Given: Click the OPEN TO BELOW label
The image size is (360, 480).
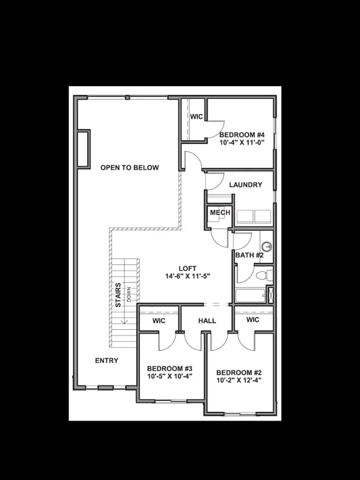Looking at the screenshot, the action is coord(129,168).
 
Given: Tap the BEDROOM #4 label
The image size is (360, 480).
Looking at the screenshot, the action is coord(242,134).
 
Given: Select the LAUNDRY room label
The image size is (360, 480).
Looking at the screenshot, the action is coord(245,185).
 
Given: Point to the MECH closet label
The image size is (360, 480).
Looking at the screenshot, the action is coord(220,213).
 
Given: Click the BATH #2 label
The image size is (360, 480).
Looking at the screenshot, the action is coord(249,255).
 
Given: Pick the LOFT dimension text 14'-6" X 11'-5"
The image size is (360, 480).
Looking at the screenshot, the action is coord(187,276).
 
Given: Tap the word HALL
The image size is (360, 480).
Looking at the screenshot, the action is coord(207,321).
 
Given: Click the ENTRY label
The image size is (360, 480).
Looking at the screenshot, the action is coord(106,361).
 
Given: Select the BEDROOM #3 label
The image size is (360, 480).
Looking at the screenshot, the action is coord(169,368).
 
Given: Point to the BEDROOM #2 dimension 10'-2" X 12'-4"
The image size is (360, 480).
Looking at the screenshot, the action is coord(238,380).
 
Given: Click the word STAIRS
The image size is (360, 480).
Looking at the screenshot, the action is coord(118,295).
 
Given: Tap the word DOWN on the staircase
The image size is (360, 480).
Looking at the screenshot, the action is coord(129,294).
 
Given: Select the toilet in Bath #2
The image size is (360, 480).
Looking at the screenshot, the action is coord(264,275).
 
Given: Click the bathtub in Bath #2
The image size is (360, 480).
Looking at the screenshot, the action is coord(250,295).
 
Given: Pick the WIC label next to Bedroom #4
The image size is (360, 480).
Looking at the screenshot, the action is coord(196,116).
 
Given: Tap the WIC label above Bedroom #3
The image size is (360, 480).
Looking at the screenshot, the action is coord(159,321).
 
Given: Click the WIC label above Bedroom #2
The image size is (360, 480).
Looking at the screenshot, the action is coord(253,320).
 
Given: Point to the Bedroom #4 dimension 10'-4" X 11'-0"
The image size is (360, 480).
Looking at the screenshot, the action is coord(242,142).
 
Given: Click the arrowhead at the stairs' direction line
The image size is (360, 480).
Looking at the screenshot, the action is coord(124,321).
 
